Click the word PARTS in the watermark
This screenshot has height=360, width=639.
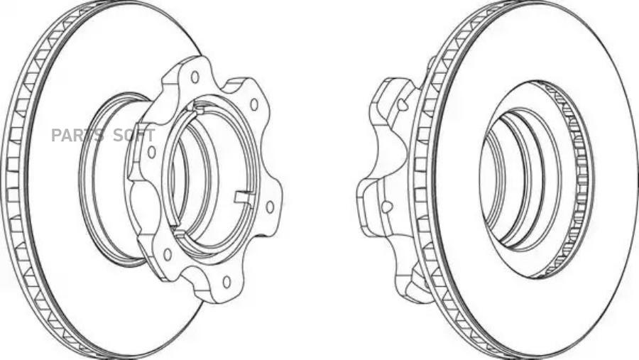point(77,136)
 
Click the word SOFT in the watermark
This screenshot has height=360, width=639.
point(134,136)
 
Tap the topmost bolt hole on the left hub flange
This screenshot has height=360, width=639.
point(195,77)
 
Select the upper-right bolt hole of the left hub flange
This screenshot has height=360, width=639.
point(254,105)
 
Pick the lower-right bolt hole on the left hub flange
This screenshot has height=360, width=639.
point(270,207)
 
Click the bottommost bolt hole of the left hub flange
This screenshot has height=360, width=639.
point(226,282)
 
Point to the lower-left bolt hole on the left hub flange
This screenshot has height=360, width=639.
point(167,254)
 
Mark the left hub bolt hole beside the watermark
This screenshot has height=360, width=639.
point(152,152)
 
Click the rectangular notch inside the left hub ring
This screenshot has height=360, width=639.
point(244,197)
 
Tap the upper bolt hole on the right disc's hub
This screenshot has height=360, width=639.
point(403,104)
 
